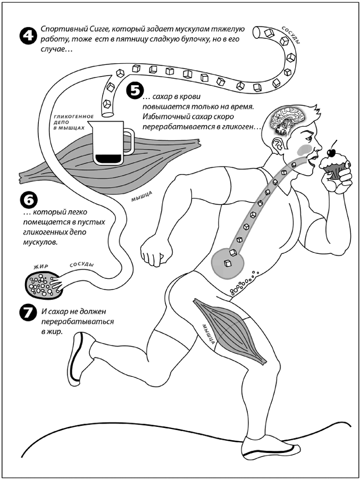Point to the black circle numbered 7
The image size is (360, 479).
tap(28, 313)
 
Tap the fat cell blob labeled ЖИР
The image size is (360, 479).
tap(44, 283)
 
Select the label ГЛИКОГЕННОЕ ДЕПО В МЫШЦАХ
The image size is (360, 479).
tap(67, 122)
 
